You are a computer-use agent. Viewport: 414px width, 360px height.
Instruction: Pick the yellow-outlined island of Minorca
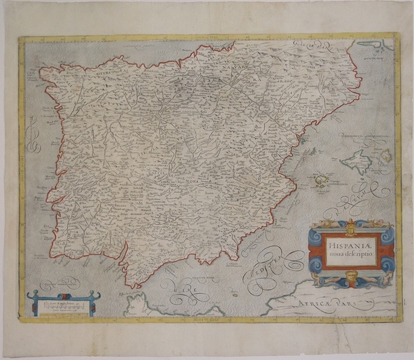point(386,154)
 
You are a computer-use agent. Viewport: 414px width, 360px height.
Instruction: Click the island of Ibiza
point(320,181)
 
